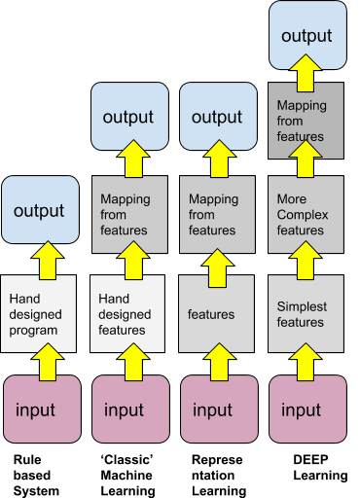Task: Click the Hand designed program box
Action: point(40,314)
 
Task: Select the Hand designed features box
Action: point(128,314)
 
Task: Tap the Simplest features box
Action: point(307,314)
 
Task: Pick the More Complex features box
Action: point(307,214)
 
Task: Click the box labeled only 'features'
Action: point(218,314)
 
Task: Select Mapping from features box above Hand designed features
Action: point(128,214)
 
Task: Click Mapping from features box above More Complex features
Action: point(307,121)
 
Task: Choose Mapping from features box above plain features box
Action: point(218,214)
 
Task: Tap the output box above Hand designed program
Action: point(40,210)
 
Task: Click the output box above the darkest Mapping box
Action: point(307,36)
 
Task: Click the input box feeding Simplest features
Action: point(307,409)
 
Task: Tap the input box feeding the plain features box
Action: point(218,409)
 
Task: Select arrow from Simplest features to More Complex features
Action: point(307,260)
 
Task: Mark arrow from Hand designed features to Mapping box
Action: point(128,260)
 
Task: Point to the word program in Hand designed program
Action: point(33,331)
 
